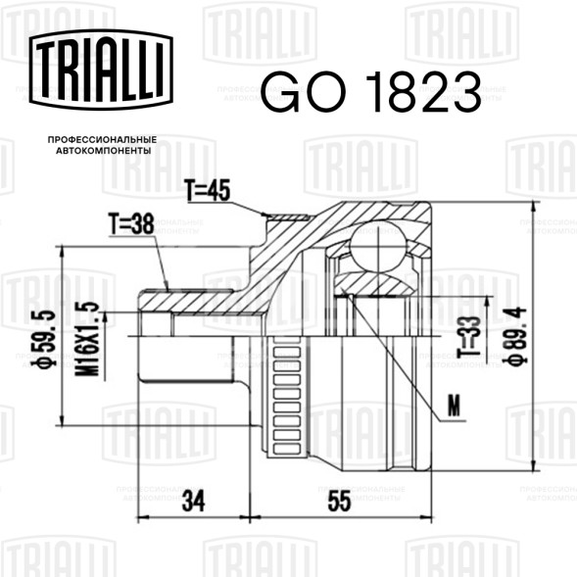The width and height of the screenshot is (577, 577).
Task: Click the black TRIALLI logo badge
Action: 101,70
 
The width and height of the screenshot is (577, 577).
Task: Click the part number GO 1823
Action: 371,92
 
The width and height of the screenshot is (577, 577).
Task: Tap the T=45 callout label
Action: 208,191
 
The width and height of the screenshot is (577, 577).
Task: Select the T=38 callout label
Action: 131,223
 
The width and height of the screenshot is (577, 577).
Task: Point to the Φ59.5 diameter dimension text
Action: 43,339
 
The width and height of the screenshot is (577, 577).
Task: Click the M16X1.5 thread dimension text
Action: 87,339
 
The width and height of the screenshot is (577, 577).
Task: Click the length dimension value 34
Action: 194,501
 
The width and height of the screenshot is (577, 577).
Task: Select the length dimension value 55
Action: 339,501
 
